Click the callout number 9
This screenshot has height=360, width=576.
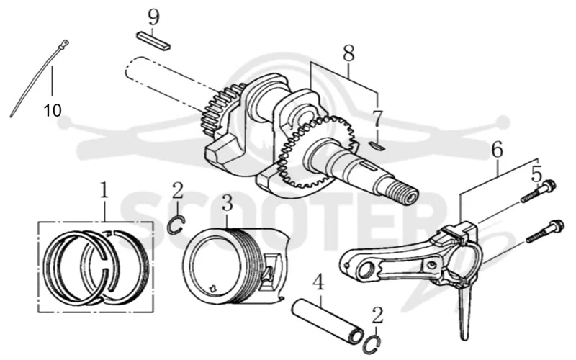pos(154,17)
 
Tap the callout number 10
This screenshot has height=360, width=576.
pos(53,110)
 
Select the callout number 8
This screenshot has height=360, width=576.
pos(348,53)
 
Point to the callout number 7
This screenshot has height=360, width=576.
pos(377,118)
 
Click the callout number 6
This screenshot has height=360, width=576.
pos(497,150)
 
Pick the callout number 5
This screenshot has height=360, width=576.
pos(536,174)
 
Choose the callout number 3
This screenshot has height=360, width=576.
pos(228,202)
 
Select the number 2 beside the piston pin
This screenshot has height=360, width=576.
pos(377,316)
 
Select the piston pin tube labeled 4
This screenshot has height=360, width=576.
pos(328,322)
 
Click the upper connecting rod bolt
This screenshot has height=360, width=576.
pos(539,191)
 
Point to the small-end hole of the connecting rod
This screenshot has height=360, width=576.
pos(366,272)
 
